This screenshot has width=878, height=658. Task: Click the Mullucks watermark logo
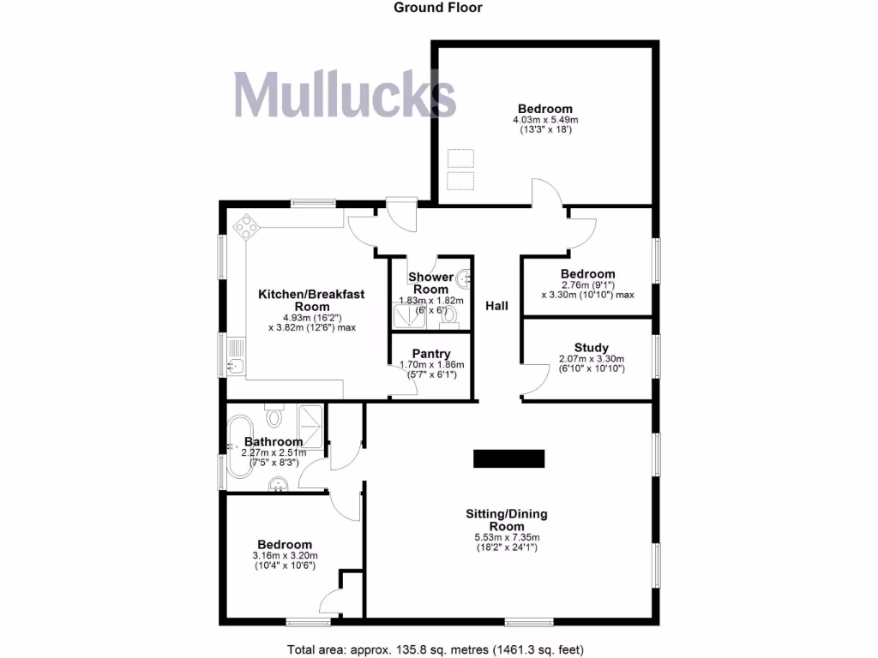tap(345, 94)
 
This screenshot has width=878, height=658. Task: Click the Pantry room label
tap(431, 354)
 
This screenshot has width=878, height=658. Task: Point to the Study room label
tap(592, 347)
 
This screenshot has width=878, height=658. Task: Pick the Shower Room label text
tap(430, 283)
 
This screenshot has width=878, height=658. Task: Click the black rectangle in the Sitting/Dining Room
tap(509, 458)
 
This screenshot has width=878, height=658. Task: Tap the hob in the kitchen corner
tap(246, 226)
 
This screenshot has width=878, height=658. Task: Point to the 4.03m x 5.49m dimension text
tap(545, 120)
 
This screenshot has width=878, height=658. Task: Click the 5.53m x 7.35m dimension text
tap(506, 538)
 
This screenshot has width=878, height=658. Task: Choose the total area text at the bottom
tap(438, 649)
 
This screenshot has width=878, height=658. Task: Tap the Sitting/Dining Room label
tap(506, 520)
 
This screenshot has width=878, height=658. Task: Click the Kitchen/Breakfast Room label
tap(311, 300)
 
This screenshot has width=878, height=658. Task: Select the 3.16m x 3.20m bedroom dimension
tap(286, 555)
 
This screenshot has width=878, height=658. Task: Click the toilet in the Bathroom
tap(274, 417)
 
